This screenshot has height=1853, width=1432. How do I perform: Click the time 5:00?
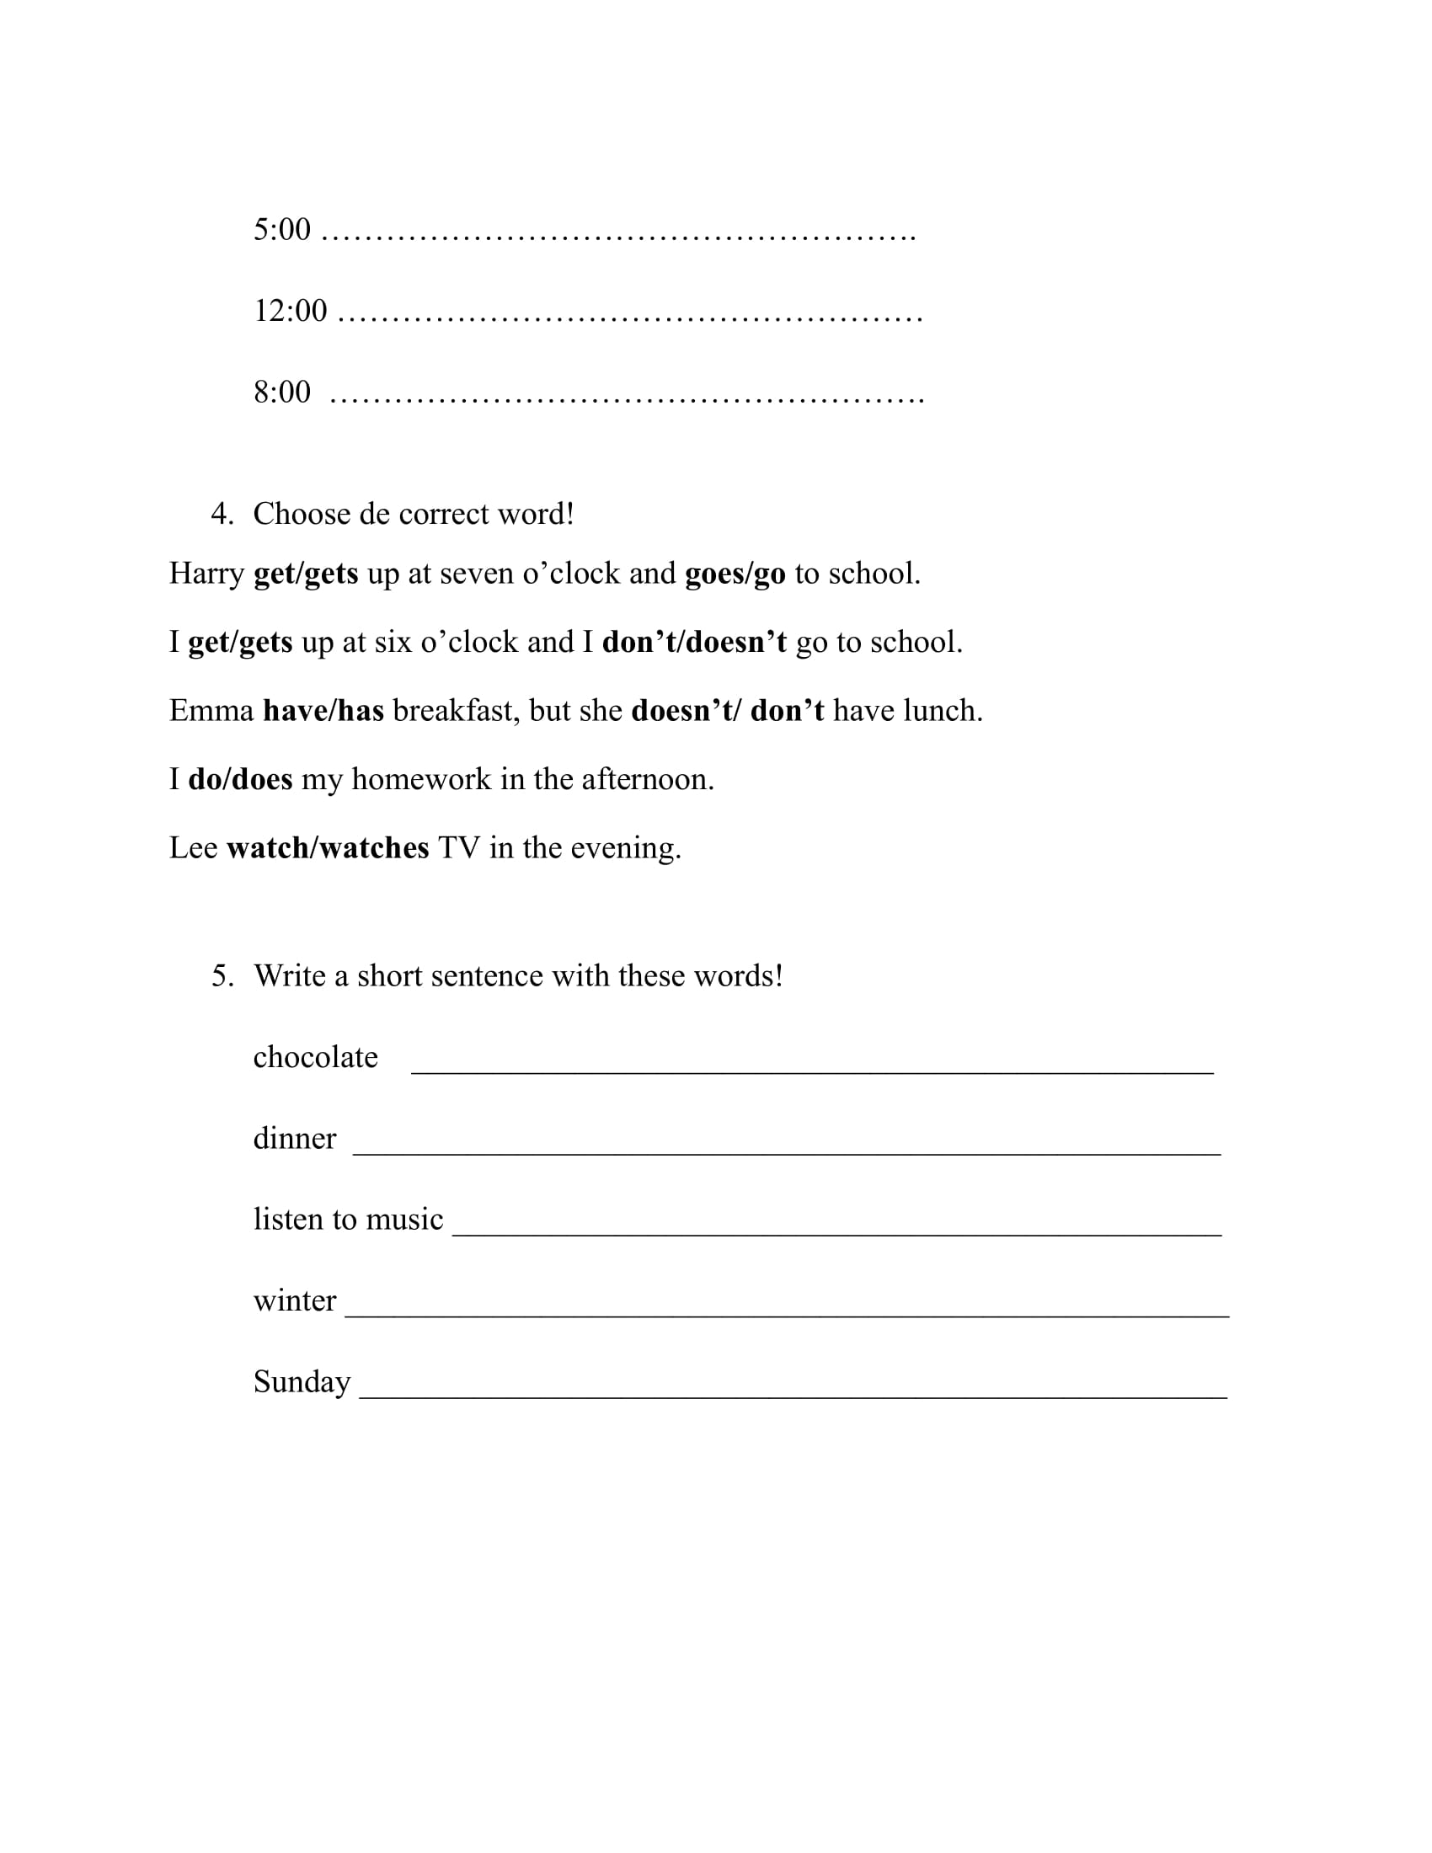coord(281,229)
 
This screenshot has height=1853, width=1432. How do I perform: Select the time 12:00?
coord(290,311)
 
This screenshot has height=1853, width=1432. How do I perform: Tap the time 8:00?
coord(281,392)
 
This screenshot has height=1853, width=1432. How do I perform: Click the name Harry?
coord(206,574)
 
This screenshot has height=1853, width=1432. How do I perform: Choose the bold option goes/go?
coord(735,574)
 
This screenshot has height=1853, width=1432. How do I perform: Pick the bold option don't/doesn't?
coord(694,643)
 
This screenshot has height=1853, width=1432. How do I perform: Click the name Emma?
coord(211,711)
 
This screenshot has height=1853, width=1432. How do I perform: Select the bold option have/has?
coord(323,711)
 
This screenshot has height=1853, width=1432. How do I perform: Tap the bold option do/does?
coord(240,780)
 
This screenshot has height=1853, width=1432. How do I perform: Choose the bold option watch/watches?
coord(328,848)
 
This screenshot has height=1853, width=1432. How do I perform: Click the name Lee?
coord(194,848)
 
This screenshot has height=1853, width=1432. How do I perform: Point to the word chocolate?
coord(316,1057)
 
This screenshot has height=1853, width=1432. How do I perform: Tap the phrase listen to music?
coord(348,1220)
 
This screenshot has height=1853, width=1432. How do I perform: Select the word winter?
coord(294,1300)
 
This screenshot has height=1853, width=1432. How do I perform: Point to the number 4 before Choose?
coord(222,514)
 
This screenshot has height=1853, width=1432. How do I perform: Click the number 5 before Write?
coord(222,975)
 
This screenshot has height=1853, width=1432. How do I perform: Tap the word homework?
coord(421,780)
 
